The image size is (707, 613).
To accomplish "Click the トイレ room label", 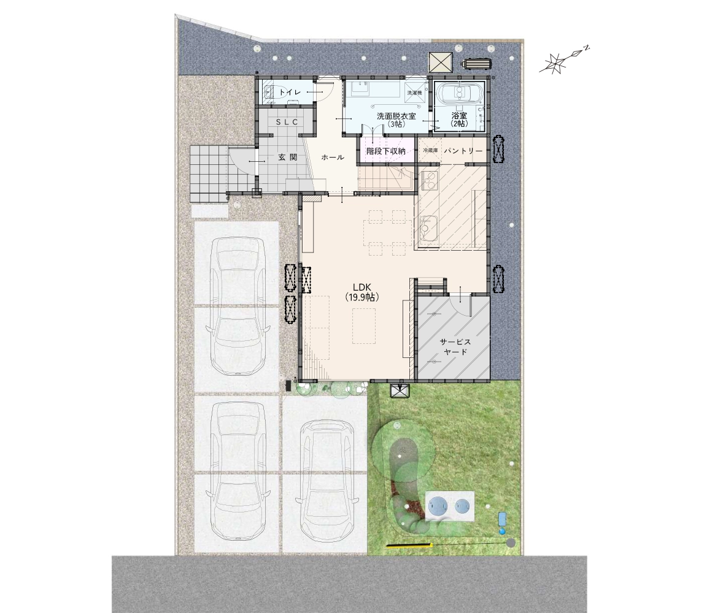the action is click(x=290, y=93).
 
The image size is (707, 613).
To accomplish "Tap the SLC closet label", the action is click(x=287, y=122).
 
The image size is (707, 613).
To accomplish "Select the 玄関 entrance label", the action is click(x=288, y=157).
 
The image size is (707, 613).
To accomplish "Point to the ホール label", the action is click(x=333, y=157).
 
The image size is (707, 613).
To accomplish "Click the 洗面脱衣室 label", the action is click(x=396, y=116).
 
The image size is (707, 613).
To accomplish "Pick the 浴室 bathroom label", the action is click(x=459, y=115).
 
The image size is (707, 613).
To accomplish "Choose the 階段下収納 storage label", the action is click(x=385, y=151).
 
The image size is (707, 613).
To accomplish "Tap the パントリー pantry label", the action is click(x=463, y=151).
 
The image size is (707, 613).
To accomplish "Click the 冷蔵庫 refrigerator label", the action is click(x=430, y=150).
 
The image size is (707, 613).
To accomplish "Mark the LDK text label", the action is click(x=361, y=287).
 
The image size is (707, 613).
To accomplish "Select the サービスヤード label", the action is click(x=455, y=347).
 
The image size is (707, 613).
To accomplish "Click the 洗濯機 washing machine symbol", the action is click(x=414, y=93).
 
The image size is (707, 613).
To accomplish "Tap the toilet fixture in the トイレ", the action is click(x=270, y=91).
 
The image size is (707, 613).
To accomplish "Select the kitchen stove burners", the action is click(x=429, y=181).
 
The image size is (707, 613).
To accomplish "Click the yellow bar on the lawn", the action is click(x=409, y=546).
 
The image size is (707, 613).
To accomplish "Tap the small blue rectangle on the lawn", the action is click(x=502, y=519).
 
